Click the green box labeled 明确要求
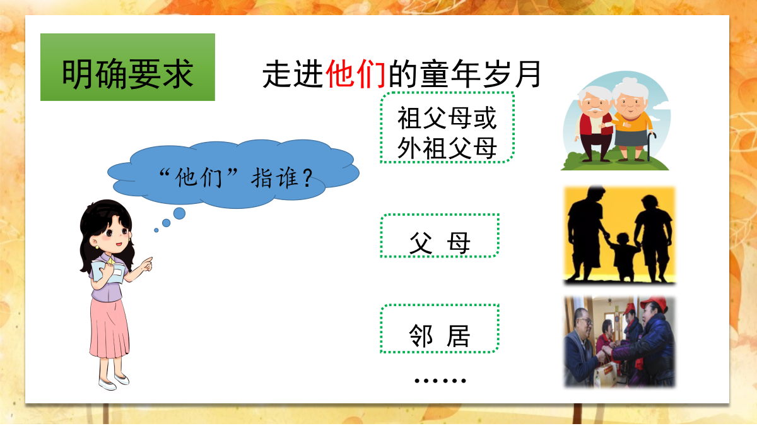(127, 67)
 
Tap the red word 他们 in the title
(356, 74)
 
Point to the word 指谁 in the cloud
(274, 178)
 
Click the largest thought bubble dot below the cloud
(179, 214)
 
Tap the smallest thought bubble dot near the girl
(156, 230)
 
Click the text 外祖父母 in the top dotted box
(447, 148)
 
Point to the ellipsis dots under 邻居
(440, 381)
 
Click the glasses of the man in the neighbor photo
(586, 321)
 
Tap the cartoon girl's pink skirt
(109, 328)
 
